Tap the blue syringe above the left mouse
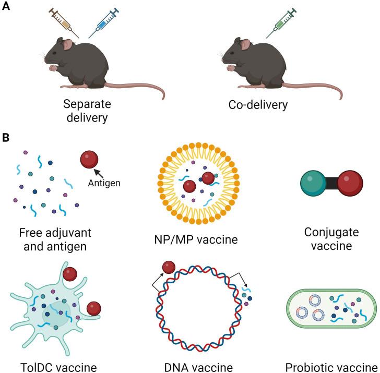click(104, 22)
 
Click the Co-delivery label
click(258, 104)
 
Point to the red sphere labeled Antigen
click(89, 160)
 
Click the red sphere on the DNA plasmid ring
click(169, 268)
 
